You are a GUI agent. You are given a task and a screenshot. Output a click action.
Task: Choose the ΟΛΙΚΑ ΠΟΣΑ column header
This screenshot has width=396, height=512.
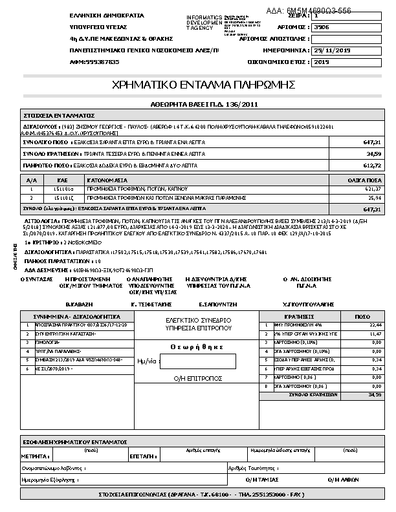(x=367, y=179)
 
